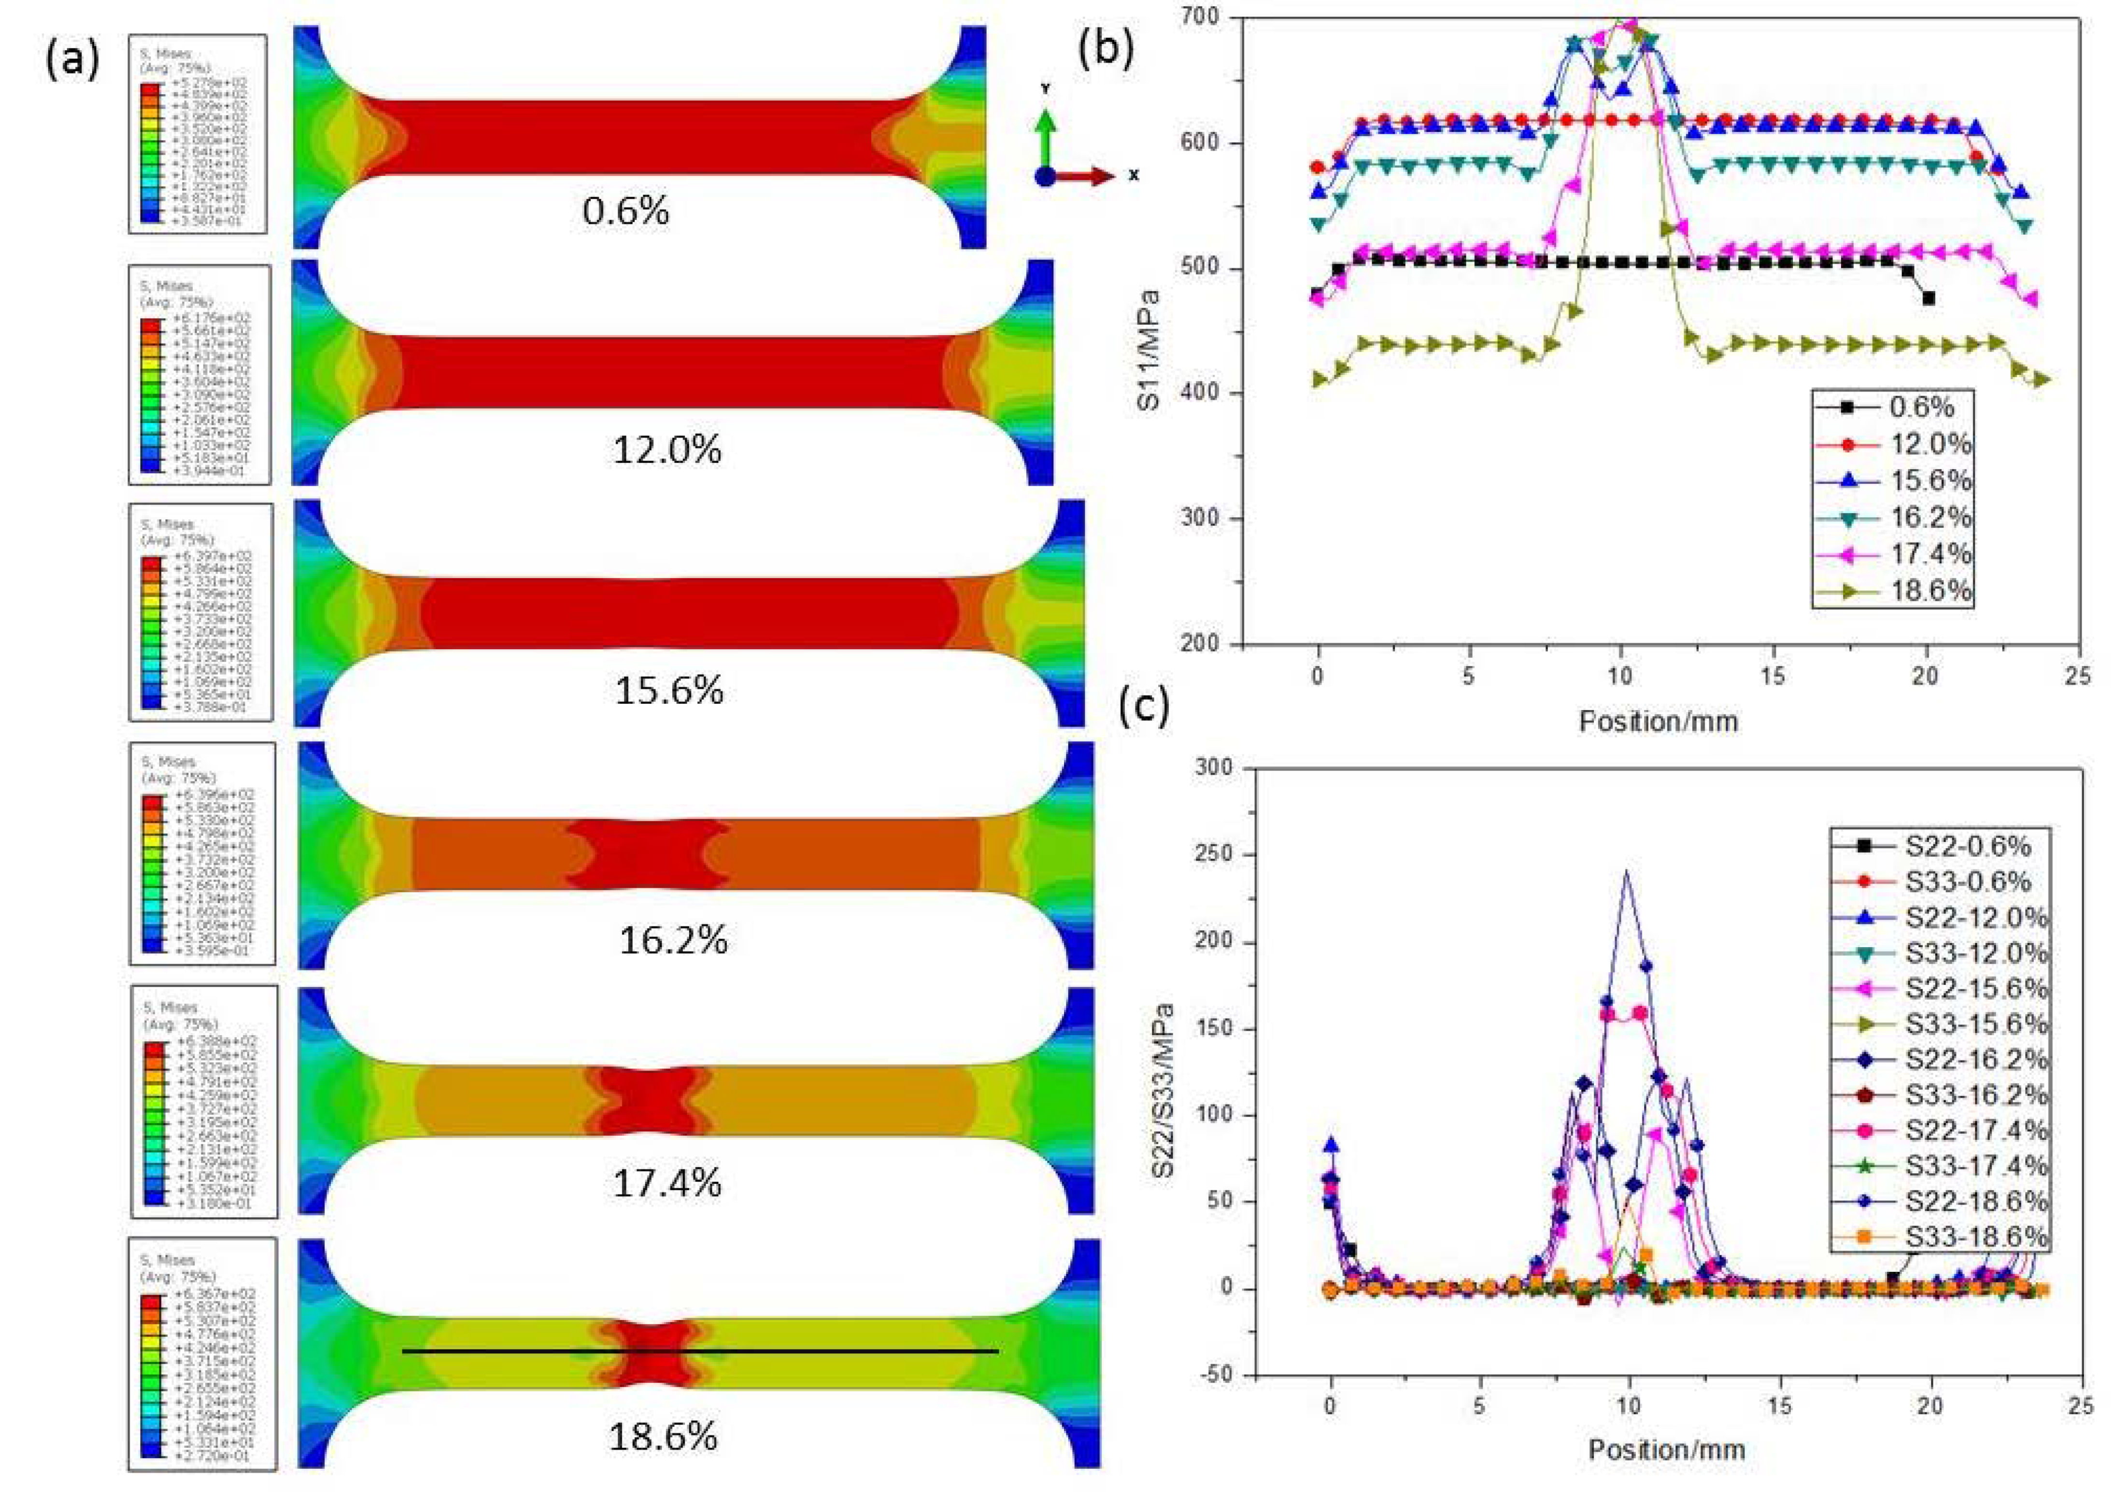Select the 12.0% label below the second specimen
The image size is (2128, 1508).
(x=667, y=450)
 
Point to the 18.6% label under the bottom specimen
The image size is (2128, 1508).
(x=663, y=1437)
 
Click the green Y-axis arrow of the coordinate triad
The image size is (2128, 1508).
(x=1046, y=130)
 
